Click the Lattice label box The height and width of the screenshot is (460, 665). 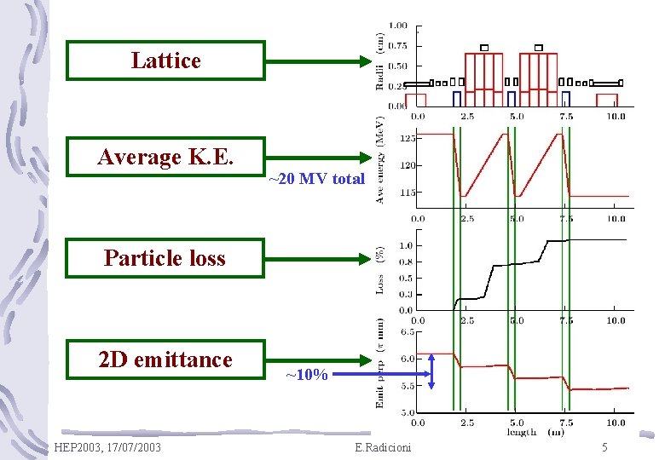coord(165,60)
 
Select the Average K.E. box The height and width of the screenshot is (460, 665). coord(165,157)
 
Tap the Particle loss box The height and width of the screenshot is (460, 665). coord(165,257)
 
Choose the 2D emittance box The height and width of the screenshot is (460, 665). coord(165,359)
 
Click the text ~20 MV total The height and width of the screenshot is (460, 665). coord(316,180)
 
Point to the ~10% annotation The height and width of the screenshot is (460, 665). coord(306,375)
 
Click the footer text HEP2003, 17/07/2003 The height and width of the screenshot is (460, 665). coord(106,447)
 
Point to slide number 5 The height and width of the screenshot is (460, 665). coord(604,447)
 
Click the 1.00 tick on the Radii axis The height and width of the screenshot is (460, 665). coord(397,26)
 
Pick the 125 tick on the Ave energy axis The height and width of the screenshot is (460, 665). coord(408,137)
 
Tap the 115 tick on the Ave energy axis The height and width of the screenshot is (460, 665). coord(408,193)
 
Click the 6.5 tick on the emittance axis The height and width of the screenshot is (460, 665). coord(408,331)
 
